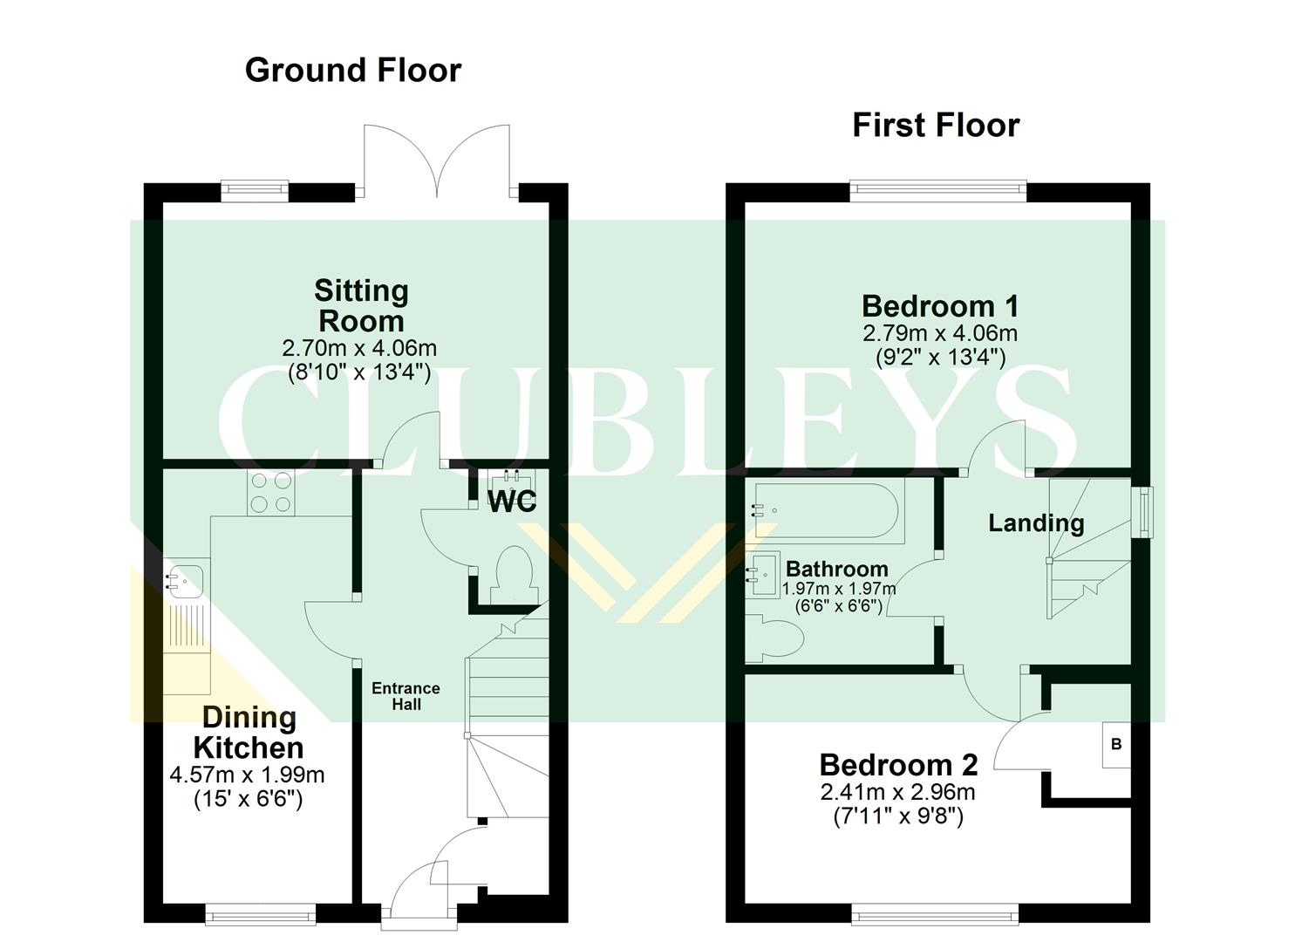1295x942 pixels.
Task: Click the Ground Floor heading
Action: point(352,70)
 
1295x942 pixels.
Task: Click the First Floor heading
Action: point(935,125)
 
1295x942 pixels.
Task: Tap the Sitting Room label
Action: point(360,305)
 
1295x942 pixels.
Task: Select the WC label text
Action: point(512,502)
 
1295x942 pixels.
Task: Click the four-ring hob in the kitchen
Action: point(271,493)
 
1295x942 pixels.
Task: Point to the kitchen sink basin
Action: point(187,578)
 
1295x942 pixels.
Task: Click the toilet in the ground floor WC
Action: point(512,573)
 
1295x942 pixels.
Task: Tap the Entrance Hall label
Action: point(406,696)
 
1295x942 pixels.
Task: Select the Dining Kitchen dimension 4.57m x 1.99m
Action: point(247,775)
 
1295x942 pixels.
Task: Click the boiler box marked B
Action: point(1116,744)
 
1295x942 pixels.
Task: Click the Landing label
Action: point(1035,523)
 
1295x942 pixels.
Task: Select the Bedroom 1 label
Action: point(939,306)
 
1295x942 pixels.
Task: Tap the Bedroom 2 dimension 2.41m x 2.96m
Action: point(897,792)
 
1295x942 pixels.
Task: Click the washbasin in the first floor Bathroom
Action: point(763,574)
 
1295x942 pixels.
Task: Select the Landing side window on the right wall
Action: point(1142,512)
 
